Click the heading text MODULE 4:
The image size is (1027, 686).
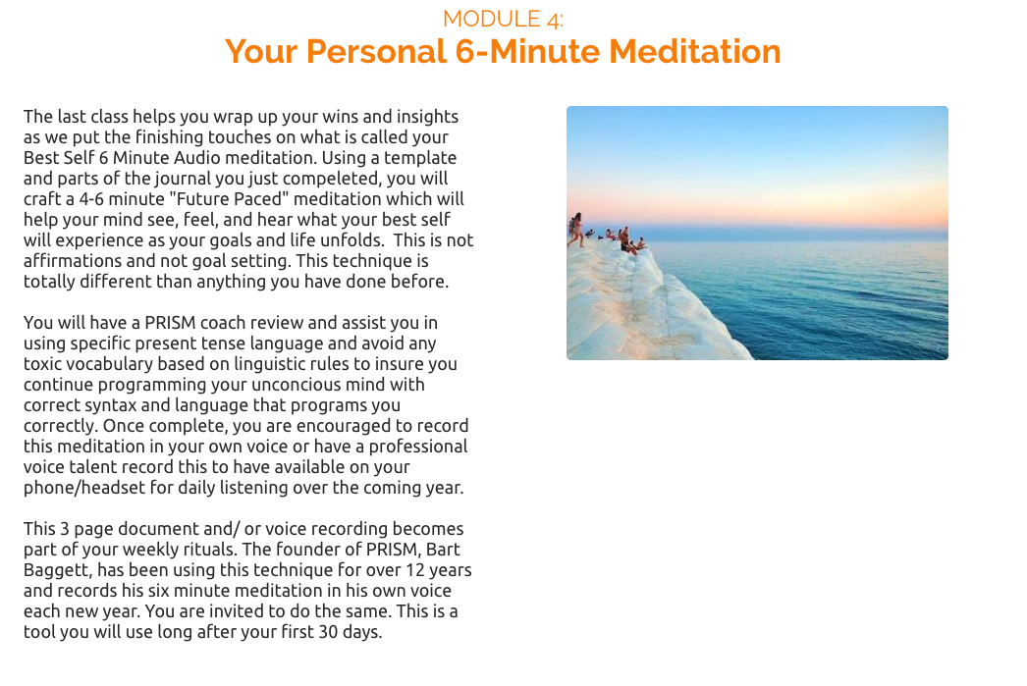503,19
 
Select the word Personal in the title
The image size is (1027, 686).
376,52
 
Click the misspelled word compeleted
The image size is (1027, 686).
332,179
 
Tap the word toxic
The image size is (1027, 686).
42,364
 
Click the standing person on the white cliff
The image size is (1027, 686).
576,229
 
